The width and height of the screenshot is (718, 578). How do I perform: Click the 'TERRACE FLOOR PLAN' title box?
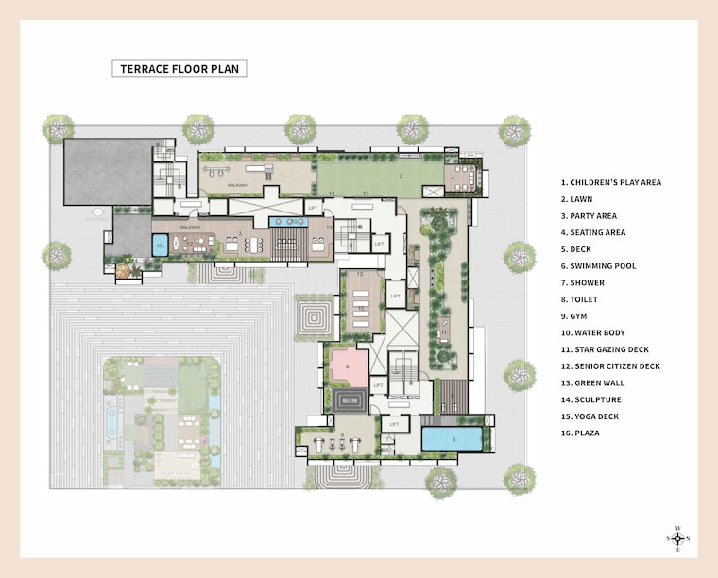click(179, 69)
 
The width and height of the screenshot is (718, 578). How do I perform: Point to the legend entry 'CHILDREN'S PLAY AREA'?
click(610, 182)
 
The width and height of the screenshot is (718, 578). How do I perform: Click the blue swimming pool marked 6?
click(453, 439)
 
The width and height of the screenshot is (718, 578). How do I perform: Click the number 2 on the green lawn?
click(402, 176)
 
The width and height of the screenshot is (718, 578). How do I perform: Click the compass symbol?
click(677, 539)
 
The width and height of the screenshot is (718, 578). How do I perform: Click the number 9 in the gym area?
click(342, 435)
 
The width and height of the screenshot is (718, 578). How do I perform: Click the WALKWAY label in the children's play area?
click(238, 185)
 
